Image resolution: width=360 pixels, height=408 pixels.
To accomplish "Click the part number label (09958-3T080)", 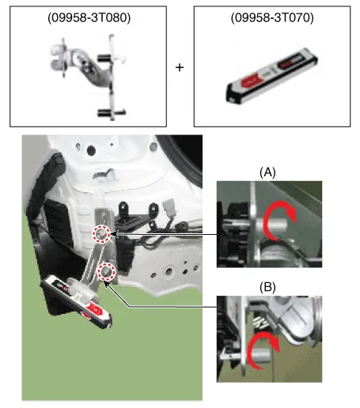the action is [89, 18].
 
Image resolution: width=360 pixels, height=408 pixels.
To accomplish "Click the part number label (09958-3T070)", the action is [272, 18].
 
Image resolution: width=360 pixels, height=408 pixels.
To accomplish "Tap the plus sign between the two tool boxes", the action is [180, 68].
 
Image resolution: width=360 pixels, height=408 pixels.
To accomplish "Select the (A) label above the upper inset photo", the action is [267, 172].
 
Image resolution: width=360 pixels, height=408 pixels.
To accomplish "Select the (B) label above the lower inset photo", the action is [267, 287].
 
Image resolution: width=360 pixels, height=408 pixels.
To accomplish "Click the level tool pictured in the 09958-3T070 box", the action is [271, 75].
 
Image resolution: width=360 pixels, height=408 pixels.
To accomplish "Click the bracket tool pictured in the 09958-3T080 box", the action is [89, 77].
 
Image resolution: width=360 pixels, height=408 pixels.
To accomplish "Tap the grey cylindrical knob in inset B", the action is [260, 355].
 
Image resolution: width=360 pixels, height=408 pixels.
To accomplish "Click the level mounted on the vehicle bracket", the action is [77, 301].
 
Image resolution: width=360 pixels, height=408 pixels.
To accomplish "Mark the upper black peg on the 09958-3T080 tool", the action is [104, 58].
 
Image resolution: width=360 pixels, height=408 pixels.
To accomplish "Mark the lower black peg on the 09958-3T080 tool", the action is [105, 113].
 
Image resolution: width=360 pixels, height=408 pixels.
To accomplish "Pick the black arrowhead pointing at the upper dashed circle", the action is [114, 234].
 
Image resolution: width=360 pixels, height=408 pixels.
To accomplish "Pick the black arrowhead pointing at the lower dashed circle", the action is [106, 285].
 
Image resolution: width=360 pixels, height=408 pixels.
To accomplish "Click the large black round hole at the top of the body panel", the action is [91, 150].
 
